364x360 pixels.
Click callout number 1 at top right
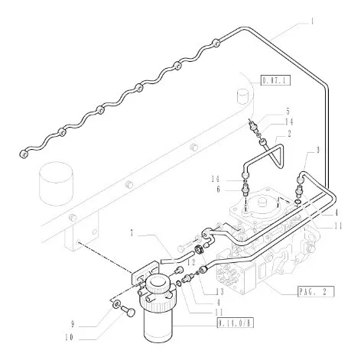coord(312,21)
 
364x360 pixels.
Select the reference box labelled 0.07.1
coord(275,81)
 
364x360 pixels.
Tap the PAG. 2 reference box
coord(316,291)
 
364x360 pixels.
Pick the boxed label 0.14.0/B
coord(236,323)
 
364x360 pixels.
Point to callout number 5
coord(288,112)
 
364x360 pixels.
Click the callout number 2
coord(289,134)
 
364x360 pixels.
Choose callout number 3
coord(317,150)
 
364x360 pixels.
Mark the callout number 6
coord(218,190)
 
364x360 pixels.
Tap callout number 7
coord(132,233)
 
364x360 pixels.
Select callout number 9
coord(73,324)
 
